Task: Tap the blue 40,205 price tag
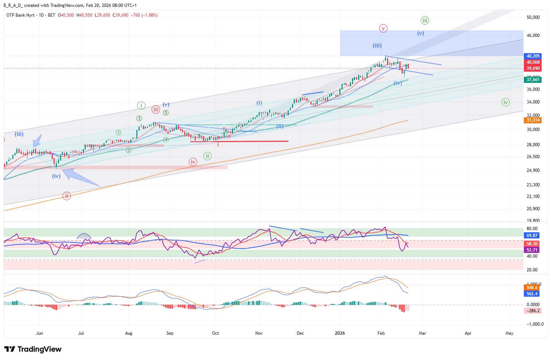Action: (x=533, y=56)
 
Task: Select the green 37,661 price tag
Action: (x=533, y=80)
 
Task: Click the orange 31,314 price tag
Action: (x=533, y=120)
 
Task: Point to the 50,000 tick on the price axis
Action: (x=533, y=17)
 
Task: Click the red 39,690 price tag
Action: (x=533, y=68)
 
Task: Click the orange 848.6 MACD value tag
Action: (x=532, y=288)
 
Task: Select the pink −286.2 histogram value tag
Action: (x=533, y=311)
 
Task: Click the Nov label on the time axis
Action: (x=259, y=333)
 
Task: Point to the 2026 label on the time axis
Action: (x=340, y=333)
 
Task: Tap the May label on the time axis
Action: (x=509, y=333)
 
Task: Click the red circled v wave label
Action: (x=383, y=28)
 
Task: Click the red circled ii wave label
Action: (x=67, y=196)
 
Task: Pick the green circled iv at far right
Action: (x=505, y=102)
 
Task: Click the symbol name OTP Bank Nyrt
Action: (x=21, y=15)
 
